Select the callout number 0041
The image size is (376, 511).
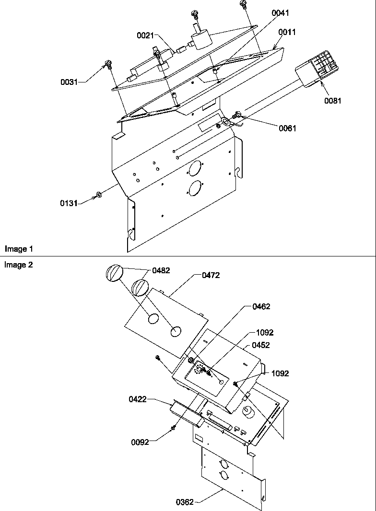(281, 13)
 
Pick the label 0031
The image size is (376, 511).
(69, 82)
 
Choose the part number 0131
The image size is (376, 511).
(69, 203)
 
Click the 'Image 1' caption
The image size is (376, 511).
(19, 249)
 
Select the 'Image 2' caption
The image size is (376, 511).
(19, 265)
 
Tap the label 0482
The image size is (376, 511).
(161, 270)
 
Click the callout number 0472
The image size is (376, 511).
(211, 275)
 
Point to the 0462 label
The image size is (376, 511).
(261, 307)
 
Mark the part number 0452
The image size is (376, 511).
(261, 345)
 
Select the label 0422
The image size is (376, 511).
(138, 399)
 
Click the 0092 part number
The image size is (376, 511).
(140, 442)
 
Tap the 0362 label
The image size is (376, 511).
(184, 502)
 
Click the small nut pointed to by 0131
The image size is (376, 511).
(98, 194)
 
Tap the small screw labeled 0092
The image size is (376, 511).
(173, 428)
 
